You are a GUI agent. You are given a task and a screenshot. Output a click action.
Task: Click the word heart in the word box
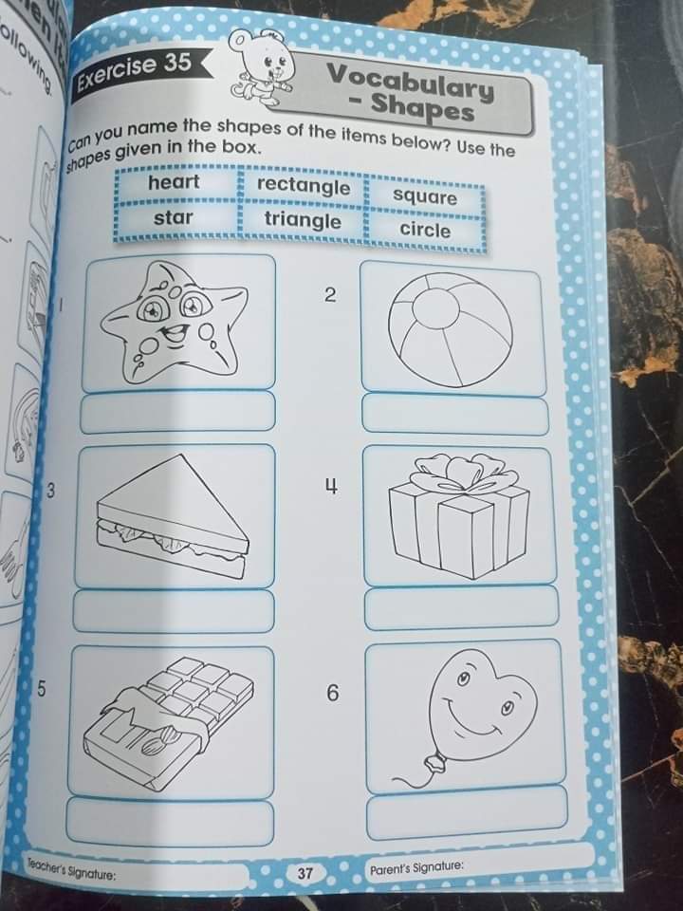pos(174,181)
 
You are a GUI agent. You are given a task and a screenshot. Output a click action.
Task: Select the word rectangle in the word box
pos(304,185)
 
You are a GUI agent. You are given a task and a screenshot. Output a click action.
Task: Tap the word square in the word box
pos(425,196)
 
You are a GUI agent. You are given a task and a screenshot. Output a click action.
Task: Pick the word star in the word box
pos(174,217)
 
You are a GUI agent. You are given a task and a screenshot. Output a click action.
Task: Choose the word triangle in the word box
pos(303,220)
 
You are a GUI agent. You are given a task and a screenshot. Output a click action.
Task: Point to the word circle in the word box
pos(425,230)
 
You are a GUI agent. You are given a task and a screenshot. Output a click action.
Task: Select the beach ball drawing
pos(452,326)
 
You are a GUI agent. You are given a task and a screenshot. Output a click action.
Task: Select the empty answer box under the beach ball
pos(454,415)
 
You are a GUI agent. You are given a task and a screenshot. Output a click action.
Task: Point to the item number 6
pos(331,694)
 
